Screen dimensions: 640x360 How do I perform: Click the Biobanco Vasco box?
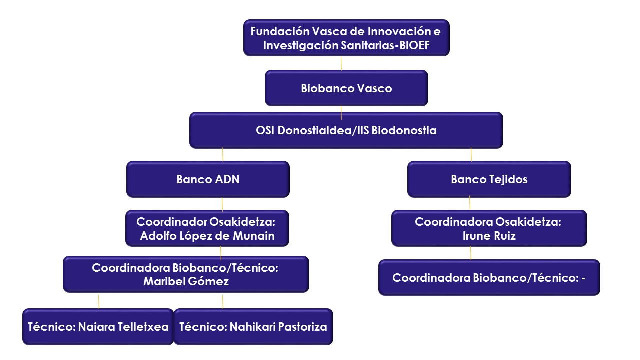point(346,88)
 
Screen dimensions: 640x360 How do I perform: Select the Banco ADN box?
point(208,179)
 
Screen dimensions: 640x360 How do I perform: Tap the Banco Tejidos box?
point(489,179)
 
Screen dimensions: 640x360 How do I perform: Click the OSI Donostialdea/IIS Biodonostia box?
point(346,130)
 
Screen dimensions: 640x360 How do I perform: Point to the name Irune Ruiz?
point(489,236)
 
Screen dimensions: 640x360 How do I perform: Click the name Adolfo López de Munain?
point(207,236)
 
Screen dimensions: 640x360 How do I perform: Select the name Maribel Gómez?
point(186,281)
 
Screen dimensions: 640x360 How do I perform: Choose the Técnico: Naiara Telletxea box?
point(98,327)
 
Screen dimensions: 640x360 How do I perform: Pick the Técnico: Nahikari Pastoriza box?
point(253,327)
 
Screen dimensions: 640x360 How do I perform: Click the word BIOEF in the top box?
point(414,45)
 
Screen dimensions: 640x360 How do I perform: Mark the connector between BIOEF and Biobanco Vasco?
point(341,63)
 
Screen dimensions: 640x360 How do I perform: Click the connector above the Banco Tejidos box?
point(471,155)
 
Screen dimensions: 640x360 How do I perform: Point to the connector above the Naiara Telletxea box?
point(99,302)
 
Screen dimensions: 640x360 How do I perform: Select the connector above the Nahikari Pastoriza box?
point(223,302)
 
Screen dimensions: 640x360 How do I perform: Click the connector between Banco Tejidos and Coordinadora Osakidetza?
point(470,203)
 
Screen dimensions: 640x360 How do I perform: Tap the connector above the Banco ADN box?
point(223,155)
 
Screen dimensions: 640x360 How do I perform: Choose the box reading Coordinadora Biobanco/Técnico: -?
point(489,277)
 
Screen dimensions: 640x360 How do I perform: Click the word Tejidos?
point(508,179)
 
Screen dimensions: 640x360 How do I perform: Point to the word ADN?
point(227,179)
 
